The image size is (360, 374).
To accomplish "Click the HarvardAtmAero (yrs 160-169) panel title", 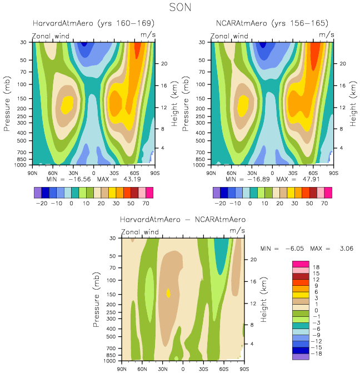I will [x=93, y=23].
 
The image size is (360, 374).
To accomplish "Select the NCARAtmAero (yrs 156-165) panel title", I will [x=272, y=23].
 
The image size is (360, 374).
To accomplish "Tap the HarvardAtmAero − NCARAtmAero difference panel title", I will [x=182, y=220].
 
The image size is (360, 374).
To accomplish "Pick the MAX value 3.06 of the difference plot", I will [x=344, y=248].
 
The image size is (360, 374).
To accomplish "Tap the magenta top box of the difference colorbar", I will [x=300, y=264].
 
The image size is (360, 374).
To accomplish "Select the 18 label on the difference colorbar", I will [x=316, y=267].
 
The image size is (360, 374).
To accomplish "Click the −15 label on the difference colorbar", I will [x=317, y=347].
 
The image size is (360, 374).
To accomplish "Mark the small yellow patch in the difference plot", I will [x=168, y=292].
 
